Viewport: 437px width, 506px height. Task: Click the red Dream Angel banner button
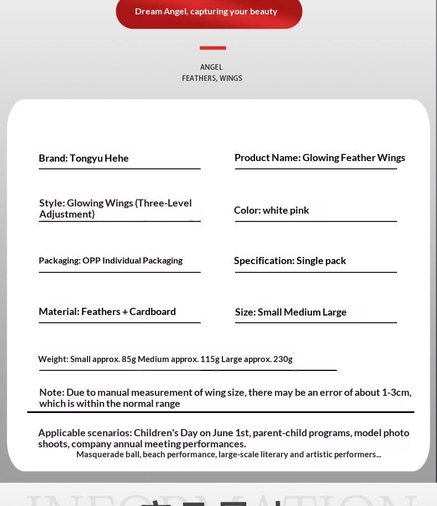209,12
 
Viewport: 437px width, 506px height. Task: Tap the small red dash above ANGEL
213,48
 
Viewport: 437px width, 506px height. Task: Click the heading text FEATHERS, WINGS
212,78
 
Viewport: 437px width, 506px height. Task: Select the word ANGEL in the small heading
211,67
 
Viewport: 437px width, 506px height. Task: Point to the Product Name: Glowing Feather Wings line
320,158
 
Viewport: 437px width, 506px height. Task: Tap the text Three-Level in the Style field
164,203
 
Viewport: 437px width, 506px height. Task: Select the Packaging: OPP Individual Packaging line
111,261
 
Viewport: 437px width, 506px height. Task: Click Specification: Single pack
290,261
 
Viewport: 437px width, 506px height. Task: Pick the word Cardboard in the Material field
153,312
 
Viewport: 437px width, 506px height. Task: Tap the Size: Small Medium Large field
290,312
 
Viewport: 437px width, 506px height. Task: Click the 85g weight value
129,359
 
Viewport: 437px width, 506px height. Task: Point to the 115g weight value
210,359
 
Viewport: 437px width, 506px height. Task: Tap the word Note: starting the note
51,393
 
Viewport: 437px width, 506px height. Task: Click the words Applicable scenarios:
85,433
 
